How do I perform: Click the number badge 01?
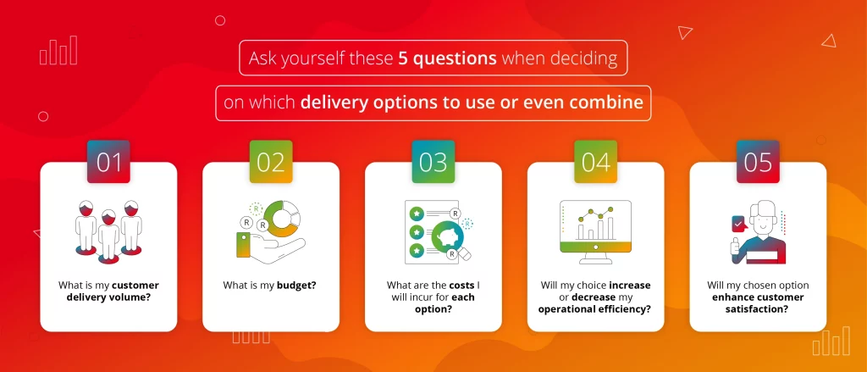(x=108, y=162)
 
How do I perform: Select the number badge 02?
(x=271, y=162)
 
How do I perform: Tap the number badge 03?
(x=433, y=162)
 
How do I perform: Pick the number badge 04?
(x=595, y=162)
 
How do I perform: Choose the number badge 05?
(x=758, y=162)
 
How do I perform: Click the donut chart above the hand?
(x=281, y=219)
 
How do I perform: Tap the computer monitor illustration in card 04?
(x=595, y=231)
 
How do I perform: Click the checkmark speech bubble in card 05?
(x=739, y=225)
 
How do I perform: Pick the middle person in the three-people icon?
(x=108, y=236)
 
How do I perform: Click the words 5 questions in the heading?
(x=447, y=58)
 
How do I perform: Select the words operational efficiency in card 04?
(x=594, y=309)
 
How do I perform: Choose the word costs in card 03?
(x=461, y=286)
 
